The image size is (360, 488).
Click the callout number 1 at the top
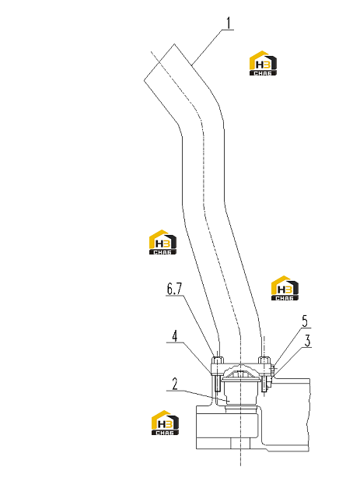pos(229,23)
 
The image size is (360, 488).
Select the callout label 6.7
pos(174,289)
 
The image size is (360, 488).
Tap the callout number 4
pos(175,336)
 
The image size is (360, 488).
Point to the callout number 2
pos(175,384)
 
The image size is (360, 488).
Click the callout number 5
pos(305,321)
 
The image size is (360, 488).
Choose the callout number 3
pos(307,341)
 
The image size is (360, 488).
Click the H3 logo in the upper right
pos(263,63)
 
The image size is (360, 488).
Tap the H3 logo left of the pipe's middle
pos(163,242)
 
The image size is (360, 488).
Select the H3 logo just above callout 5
pos(285,288)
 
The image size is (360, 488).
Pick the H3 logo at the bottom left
pos(165,423)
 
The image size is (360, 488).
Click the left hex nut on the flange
pos(217,360)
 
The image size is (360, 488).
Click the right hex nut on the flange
pos(264,360)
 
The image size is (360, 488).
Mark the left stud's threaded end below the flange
pos(217,384)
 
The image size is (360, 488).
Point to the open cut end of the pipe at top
pos(159,62)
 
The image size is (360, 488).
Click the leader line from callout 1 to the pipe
pos(207,47)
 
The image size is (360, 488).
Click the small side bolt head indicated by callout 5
pos(273,370)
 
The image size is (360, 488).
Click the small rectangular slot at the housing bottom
pos(240,444)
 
